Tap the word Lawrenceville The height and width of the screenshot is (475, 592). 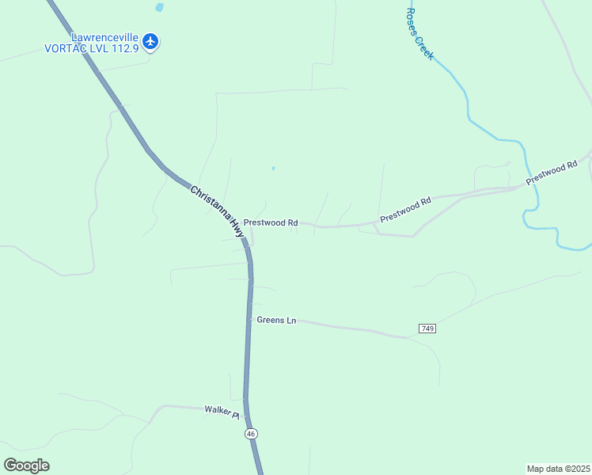(104, 37)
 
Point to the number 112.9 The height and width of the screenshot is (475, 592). (126, 47)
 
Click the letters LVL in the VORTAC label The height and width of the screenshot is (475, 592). (97, 47)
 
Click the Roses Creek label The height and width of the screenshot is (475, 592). (419, 34)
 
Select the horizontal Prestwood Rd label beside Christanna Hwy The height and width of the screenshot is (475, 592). (271, 223)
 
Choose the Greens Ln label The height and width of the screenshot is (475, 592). (276, 321)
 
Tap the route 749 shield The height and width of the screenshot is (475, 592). (427, 328)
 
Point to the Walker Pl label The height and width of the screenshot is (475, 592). (222, 411)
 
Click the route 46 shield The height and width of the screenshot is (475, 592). (251, 433)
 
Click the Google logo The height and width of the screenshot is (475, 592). (26, 465)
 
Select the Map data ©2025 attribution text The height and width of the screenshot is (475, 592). (558, 469)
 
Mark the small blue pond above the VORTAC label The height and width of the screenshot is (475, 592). (160, 7)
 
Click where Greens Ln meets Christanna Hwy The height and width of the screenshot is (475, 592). (249, 320)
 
